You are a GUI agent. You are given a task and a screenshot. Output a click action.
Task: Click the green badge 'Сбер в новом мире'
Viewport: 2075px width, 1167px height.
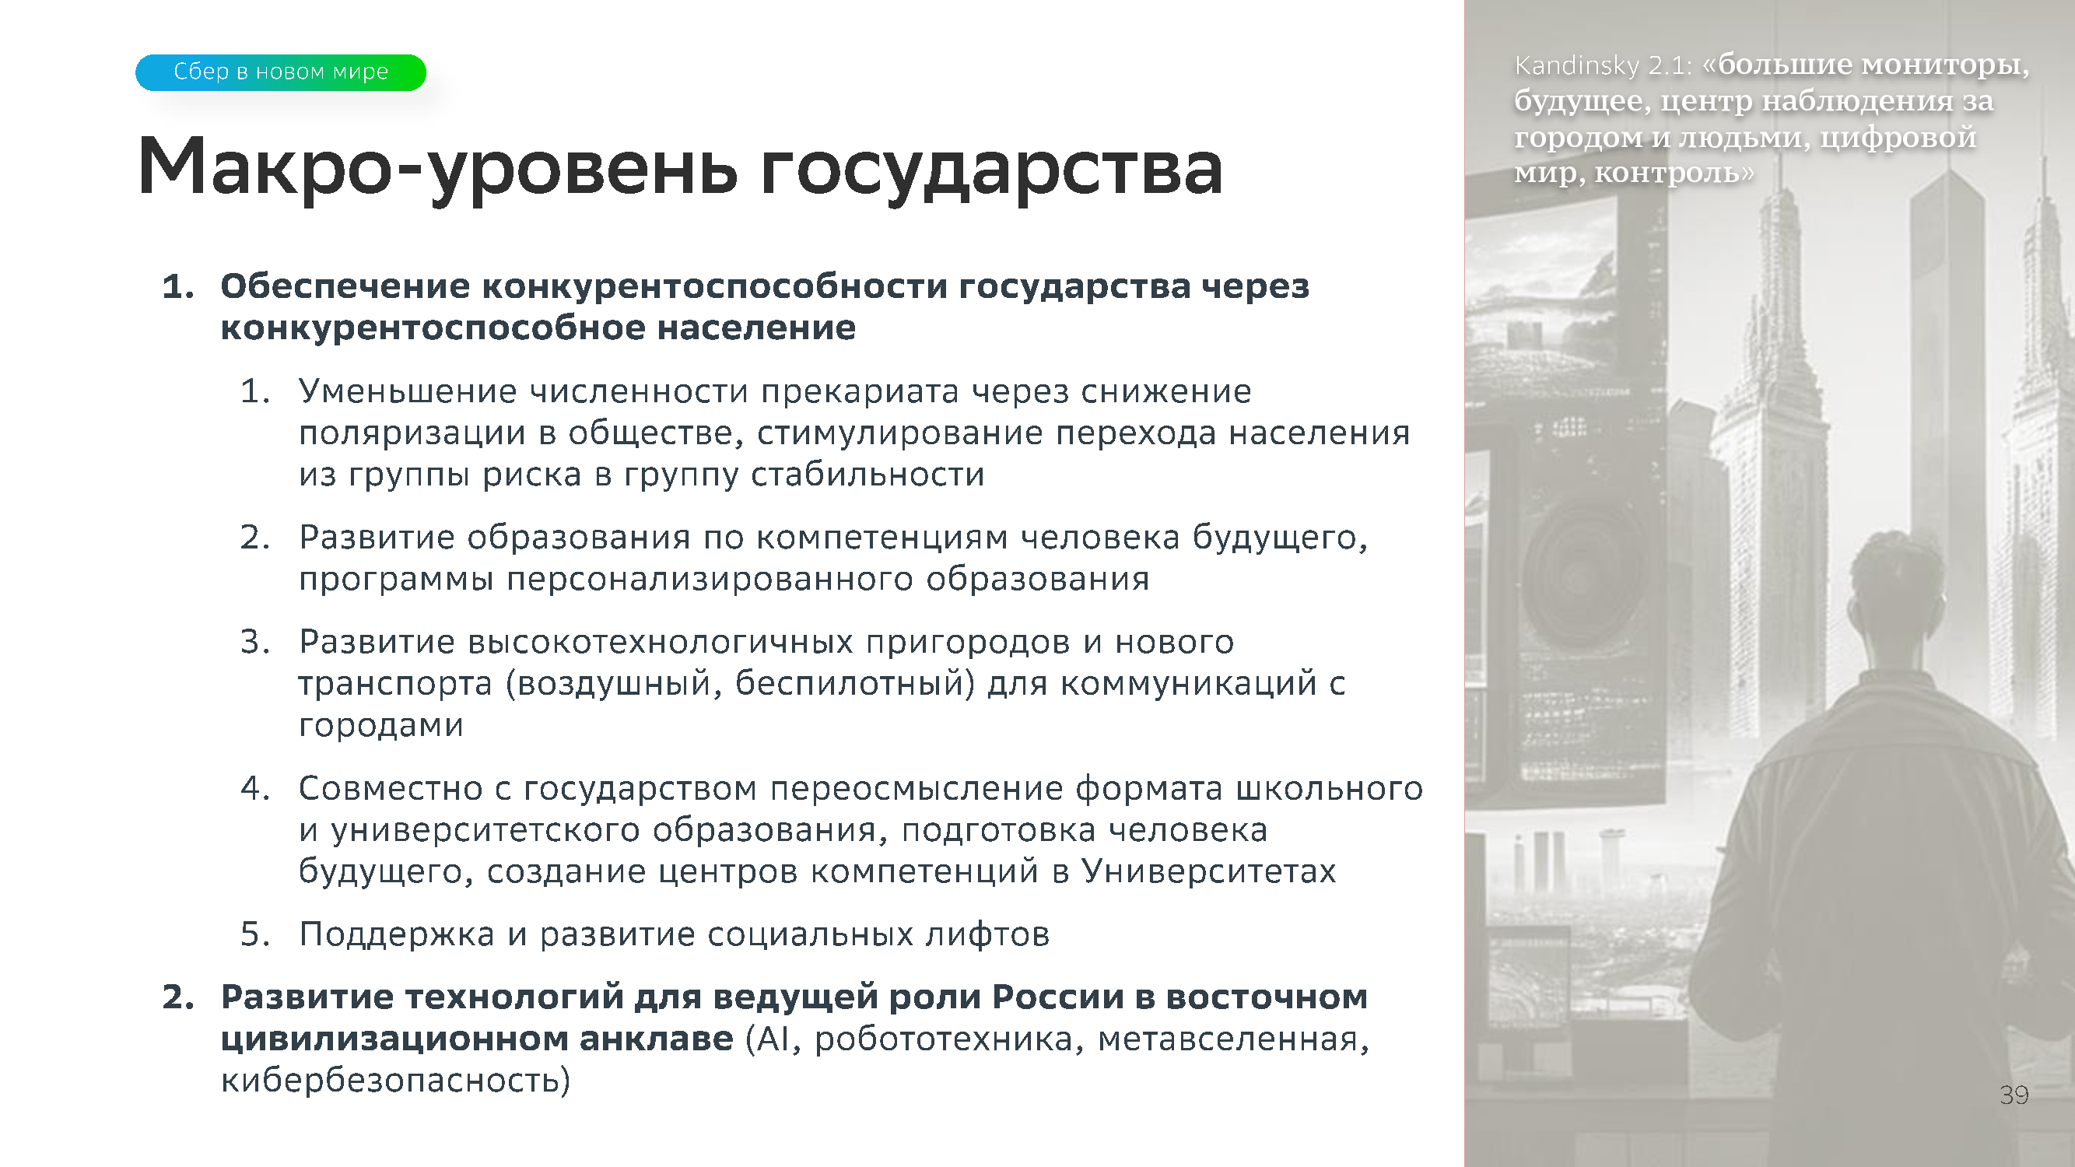(x=280, y=72)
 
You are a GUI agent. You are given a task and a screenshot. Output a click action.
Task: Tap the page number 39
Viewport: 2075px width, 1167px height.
(x=2014, y=1095)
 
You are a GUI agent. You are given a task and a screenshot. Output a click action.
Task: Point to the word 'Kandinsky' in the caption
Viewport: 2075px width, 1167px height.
(x=1576, y=65)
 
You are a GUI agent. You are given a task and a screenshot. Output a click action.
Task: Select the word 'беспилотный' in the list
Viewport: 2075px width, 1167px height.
(x=854, y=684)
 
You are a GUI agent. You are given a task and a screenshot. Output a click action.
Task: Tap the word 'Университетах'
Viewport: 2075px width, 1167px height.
(x=1208, y=871)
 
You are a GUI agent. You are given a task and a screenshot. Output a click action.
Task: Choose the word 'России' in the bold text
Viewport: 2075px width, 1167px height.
(x=1057, y=997)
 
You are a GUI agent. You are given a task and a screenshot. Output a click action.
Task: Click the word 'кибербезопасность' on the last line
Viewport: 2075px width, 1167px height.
(x=395, y=1080)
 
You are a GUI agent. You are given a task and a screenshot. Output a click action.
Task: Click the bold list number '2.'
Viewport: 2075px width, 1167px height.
(x=178, y=997)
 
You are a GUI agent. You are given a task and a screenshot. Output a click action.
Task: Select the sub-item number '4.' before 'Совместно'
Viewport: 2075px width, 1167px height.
(x=255, y=787)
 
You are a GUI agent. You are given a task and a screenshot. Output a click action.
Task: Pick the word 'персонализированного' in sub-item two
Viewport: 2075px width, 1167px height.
(x=710, y=579)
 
